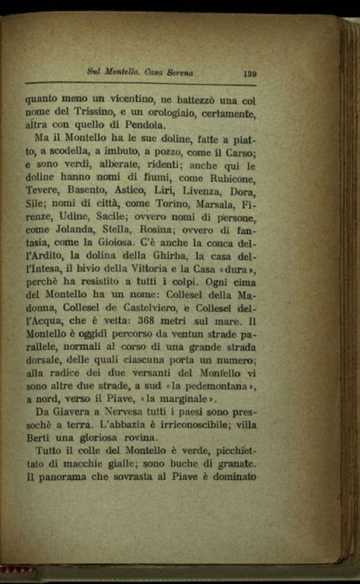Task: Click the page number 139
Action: click(249, 73)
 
